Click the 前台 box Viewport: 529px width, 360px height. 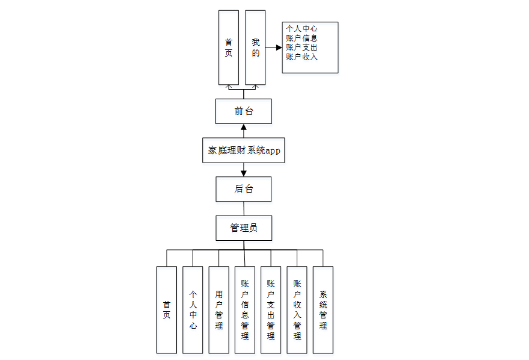[x=243, y=111]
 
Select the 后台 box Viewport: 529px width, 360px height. [x=243, y=189]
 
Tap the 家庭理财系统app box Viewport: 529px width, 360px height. [x=243, y=151]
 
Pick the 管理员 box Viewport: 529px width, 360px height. [x=243, y=228]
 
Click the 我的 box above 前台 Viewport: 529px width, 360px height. [x=255, y=48]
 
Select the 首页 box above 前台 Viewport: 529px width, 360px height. [x=229, y=48]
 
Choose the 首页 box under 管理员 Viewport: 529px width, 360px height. [x=167, y=309]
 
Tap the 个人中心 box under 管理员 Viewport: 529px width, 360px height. [x=193, y=309]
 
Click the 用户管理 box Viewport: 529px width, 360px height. [x=219, y=309]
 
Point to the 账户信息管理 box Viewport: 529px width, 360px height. [x=245, y=309]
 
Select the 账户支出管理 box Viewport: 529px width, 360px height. [x=271, y=309]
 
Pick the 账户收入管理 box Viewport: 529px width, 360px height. [x=297, y=309]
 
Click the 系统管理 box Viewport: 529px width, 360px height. [x=323, y=309]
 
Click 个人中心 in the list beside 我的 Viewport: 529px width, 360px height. [x=302, y=28]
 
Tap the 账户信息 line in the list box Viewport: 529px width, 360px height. [x=302, y=38]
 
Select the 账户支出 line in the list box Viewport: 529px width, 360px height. [x=302, y=48]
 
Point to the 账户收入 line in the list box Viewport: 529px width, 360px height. [x=302, y=57]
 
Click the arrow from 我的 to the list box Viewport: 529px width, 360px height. [x=274, y=48]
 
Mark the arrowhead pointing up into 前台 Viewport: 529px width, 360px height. [x=243, y=127]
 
